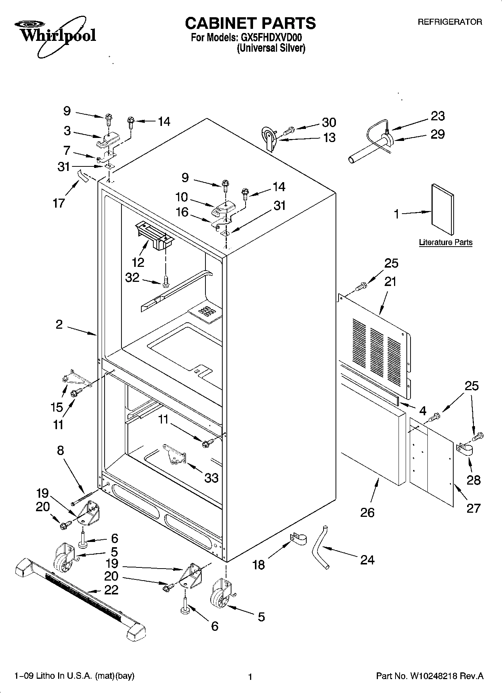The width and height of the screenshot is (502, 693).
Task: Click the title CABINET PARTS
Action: [250, 23]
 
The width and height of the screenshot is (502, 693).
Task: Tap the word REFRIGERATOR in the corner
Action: [450, 22]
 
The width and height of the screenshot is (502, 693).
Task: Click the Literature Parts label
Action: [445, 242]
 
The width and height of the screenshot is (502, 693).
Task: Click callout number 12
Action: [138, 262]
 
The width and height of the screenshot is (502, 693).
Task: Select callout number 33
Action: [211, 478]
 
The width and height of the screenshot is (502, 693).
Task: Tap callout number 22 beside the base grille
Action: [111, 590]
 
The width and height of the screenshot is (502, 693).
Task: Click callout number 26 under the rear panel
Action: [367, 512]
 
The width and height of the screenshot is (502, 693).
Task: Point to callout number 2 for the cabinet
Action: [59, 325]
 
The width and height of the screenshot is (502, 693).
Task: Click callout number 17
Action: [59, 203]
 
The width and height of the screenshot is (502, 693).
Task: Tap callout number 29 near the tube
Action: [437, 134]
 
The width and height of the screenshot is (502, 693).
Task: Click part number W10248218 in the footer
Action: [433, 676]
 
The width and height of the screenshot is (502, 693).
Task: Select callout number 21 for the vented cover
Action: [391, 281]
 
